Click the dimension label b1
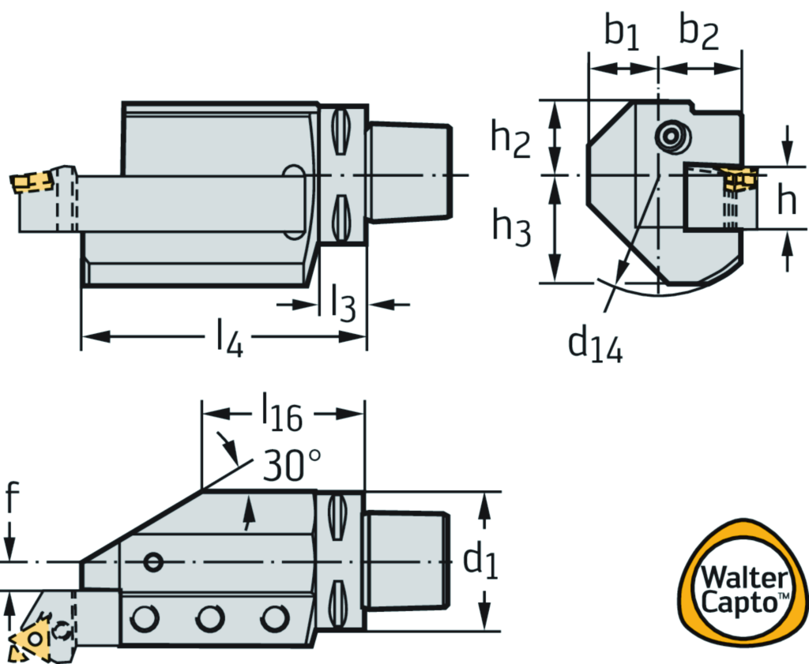pyautogui.click(x=623, y=34)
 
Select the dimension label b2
pyautogui.click(x=699, y=34)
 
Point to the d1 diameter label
pyautogui.click(x=480, y=561)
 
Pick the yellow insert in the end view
pyautogui.click(x=739, y=179)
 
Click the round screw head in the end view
pyautogui.click(x=671, y=137)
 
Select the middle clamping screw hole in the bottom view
pyautogui.click(x=210, y=617)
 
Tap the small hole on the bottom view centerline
pyautogui.click(x=153, y=561)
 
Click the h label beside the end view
pyautogui.click(x=785, y=202)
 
